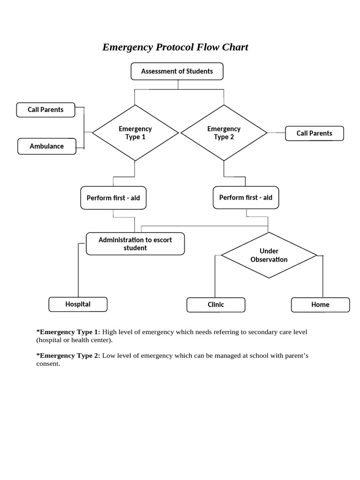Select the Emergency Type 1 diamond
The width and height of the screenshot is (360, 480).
[x=135, y=133]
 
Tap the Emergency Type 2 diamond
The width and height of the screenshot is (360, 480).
[x=224, y=133]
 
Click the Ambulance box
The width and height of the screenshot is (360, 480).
[x=47, y=146]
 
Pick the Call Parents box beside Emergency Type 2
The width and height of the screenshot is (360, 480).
[x=314, y=134]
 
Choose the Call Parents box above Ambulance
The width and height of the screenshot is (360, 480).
[x=45, y=110]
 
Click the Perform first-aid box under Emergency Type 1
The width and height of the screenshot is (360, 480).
[x=113, y=198]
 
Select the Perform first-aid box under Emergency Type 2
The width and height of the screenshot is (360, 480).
[x=246, y=197]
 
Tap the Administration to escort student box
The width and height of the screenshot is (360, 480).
[x=135, y=244]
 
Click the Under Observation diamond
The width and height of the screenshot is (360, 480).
[x=269, y=255]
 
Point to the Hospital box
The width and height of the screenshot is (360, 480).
[x=78, y=304]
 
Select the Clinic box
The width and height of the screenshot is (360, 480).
[x=216, y=305]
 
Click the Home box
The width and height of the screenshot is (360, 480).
[x=320, y=305]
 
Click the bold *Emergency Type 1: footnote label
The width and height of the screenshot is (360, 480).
[x=68, y=332]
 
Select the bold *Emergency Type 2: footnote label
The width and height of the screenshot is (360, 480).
[x=68, y=356]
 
